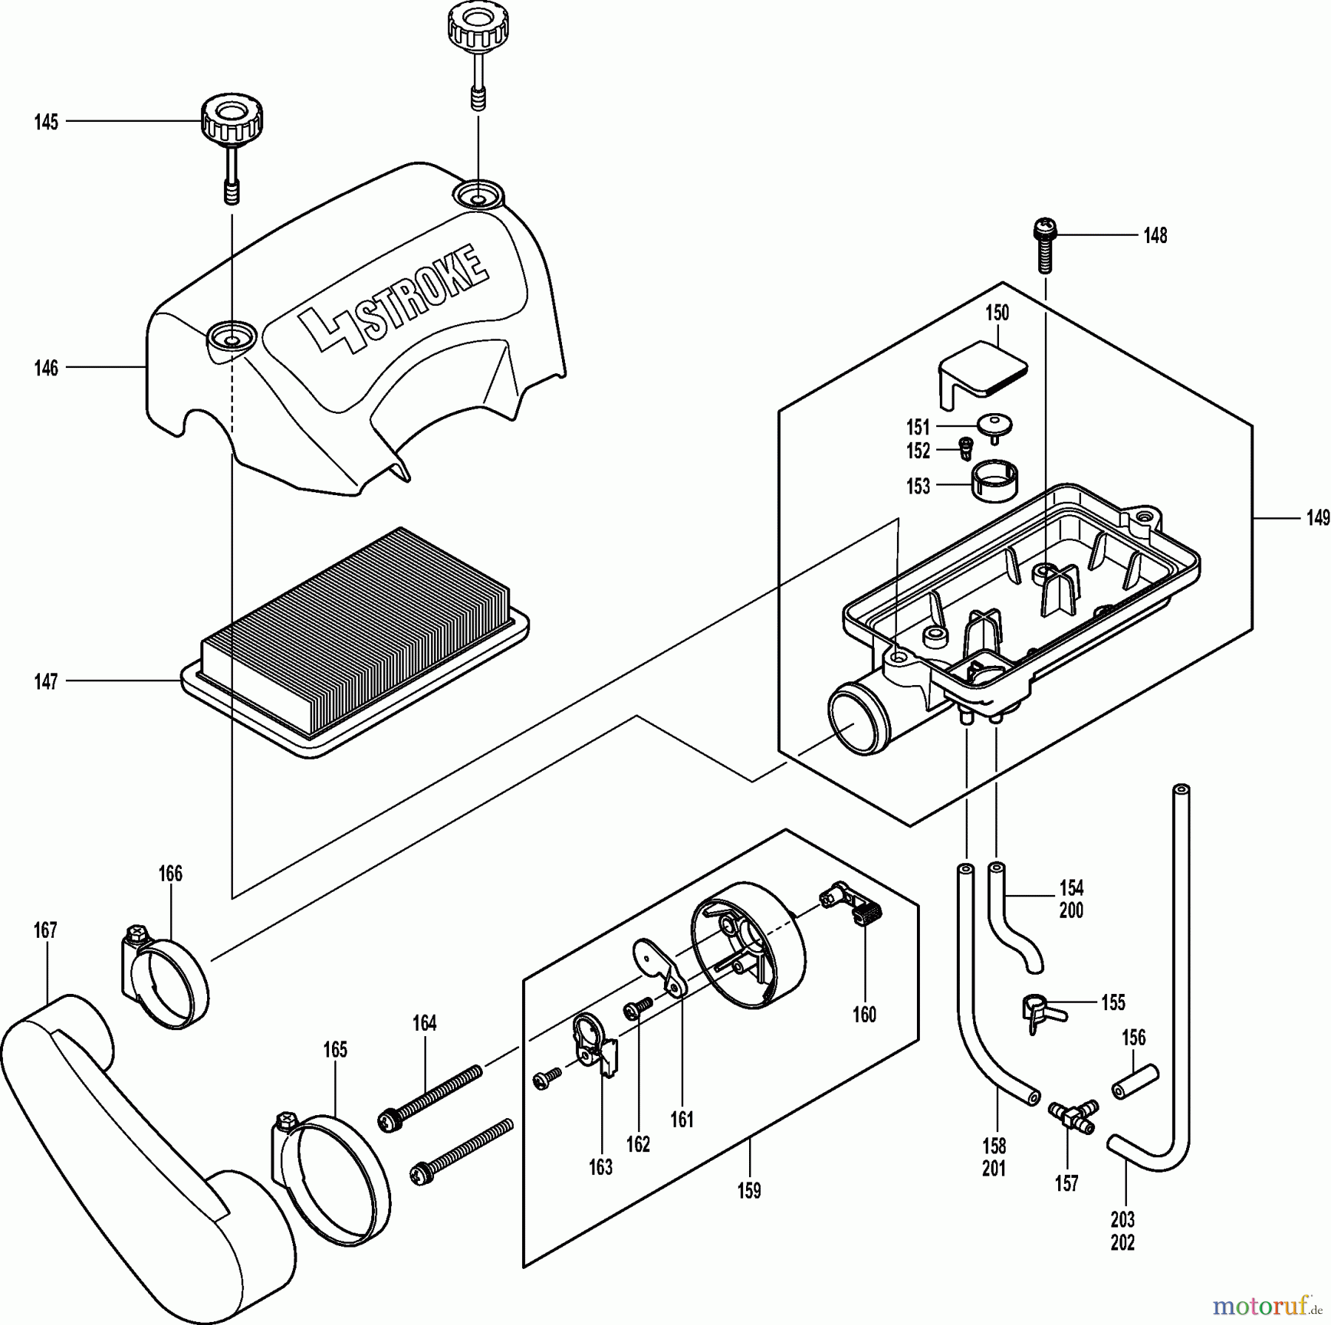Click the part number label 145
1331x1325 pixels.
46,122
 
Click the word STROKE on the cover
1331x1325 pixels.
424,291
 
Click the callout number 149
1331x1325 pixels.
1318,518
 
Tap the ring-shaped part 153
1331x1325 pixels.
992,481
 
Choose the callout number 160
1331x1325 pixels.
864,1015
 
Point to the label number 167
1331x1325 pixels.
45,930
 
